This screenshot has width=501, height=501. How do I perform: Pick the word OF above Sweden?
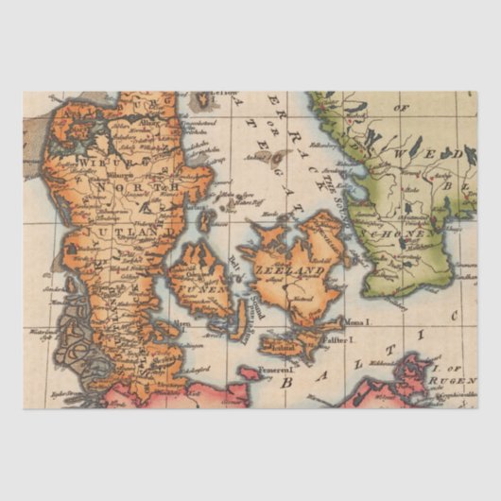click(401, 108)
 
